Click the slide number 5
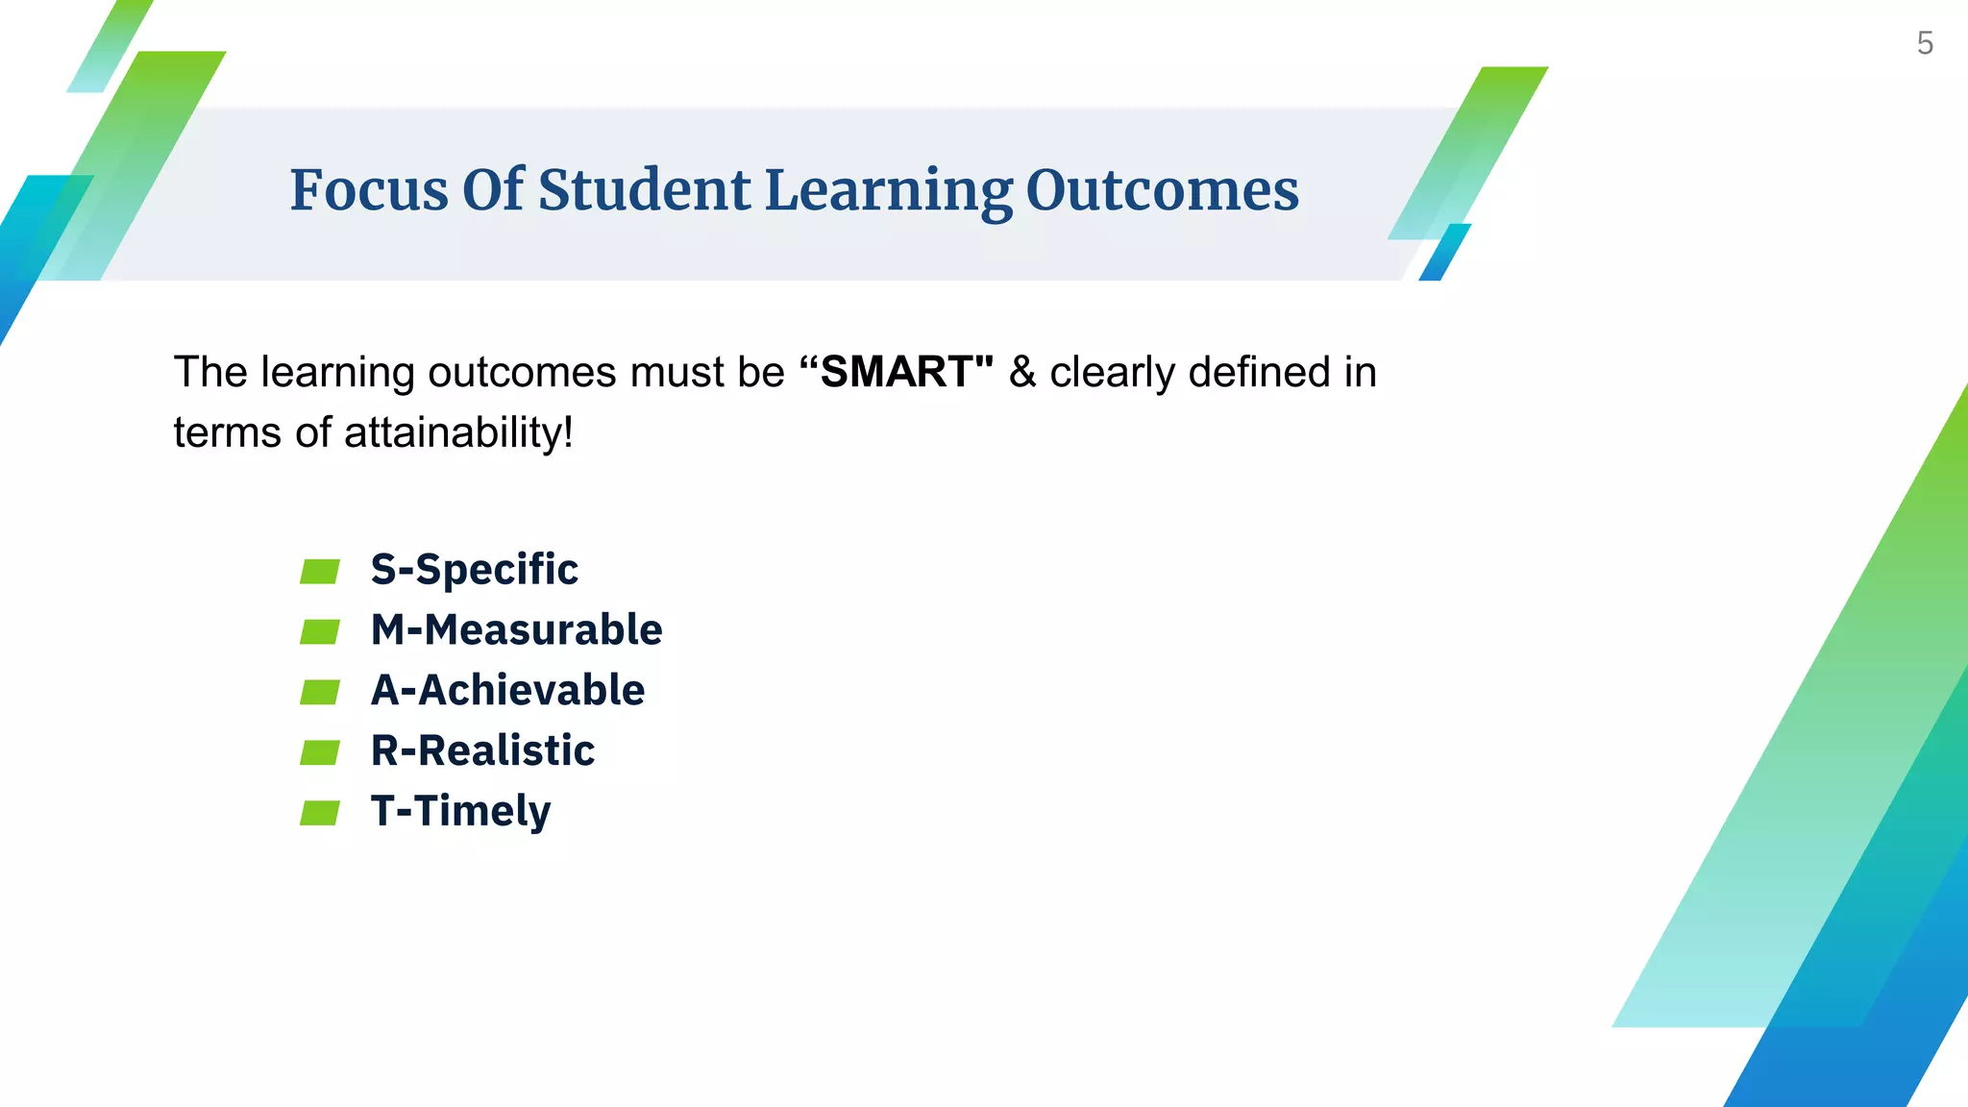click(x=1925, y=43)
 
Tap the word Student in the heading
click(x=644, y=190)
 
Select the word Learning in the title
click(x=888, y=192)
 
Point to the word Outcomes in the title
click(x=1162, y=190)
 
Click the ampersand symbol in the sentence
click(x=1022, y=373)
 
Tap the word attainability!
click(x=458, y=432)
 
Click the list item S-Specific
click(x=475, y=570)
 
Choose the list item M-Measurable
click(x=516, y=630)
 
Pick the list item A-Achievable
click(x=507, y=691)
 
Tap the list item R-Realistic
click(x=482, y=750)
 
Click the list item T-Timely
click(x=460, y=812)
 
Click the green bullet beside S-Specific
click(x=320, y=572)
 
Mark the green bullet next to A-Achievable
click(x=320, y=692)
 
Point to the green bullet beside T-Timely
click(x=320, y=813)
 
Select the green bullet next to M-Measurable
click(x=320, y=631)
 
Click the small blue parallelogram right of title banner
click(x=1444, y=253)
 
